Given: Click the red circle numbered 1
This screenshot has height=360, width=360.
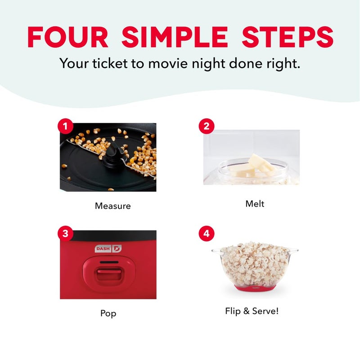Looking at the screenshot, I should pyautogui.click(x=65, y=126).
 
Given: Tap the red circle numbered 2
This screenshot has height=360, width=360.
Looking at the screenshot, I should pyautogui.click(x=206, y=126).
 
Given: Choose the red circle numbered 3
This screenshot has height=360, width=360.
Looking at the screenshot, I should pyautogui.click(x=65, y=234).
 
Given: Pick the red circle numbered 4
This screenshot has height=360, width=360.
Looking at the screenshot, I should pyautogui.click(x=206, y=234).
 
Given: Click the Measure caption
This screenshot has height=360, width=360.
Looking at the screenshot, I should pyautogui.click(x=112, y=206).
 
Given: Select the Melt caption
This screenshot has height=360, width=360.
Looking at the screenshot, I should pyautogui.click(x=255, y=204).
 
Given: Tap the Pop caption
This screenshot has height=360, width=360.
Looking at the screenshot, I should pyautogui.click(x=108, y=313).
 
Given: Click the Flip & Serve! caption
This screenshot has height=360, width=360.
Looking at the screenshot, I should pyautogui.click(x=252, y=311).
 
